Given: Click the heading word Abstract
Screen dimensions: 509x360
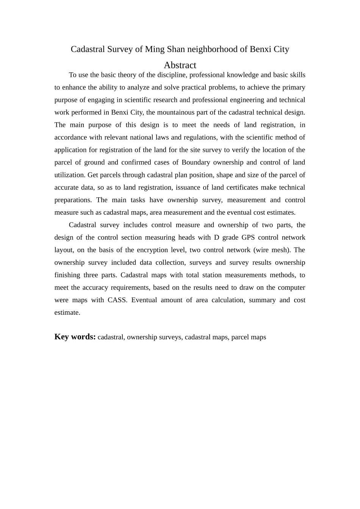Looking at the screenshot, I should [x=180, y=65].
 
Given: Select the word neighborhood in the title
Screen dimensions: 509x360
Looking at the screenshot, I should [x=212, y=49].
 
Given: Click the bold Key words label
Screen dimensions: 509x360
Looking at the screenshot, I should [x=75, y=337].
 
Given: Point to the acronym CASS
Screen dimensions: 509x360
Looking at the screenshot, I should [x=117, y=300].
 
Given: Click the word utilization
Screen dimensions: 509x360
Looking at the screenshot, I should [x=69, y=175].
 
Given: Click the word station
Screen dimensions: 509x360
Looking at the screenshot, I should [x=212, y=275].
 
